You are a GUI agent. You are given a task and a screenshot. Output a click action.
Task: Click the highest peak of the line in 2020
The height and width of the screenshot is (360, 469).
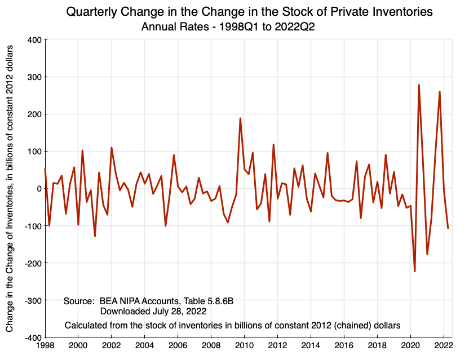click(419, 85)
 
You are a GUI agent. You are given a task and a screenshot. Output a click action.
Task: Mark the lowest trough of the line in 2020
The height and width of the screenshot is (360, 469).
click(414, 272)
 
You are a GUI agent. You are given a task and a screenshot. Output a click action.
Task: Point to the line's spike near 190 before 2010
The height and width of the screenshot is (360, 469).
click(240, 118)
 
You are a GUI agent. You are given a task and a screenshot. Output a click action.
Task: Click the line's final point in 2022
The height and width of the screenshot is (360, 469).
click(448, 228)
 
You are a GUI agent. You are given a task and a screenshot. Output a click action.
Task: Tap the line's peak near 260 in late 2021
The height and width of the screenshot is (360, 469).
click(440, 91)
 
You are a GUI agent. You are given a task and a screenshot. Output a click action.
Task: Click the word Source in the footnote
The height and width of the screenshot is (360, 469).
click(78, 301)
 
